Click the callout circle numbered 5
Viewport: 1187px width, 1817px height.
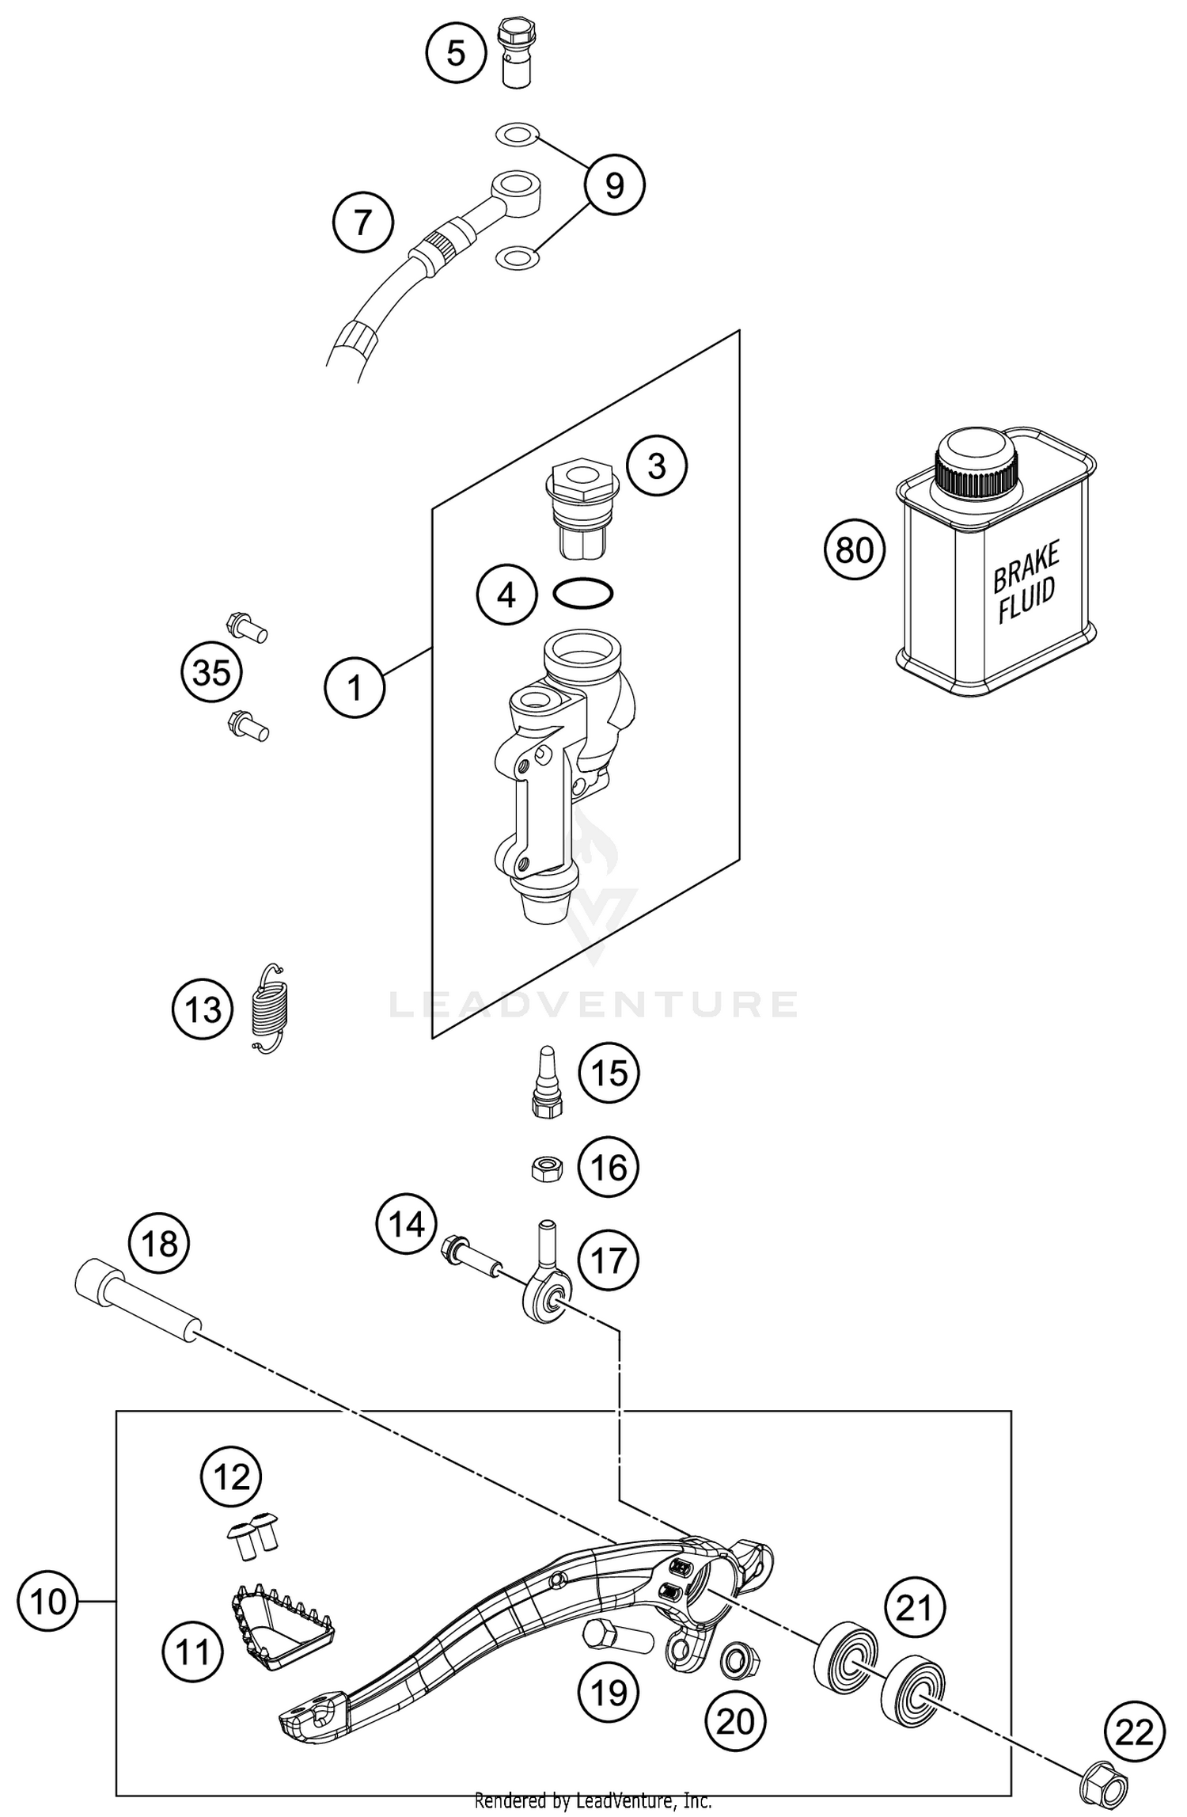456,54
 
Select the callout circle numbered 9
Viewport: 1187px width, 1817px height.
614,185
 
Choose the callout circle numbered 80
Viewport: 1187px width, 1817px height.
854,549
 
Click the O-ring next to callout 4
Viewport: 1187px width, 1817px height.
583,594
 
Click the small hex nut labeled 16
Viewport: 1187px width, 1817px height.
546,1168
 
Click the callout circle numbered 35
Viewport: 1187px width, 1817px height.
211,673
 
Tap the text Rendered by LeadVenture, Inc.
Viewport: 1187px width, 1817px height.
593,1800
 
